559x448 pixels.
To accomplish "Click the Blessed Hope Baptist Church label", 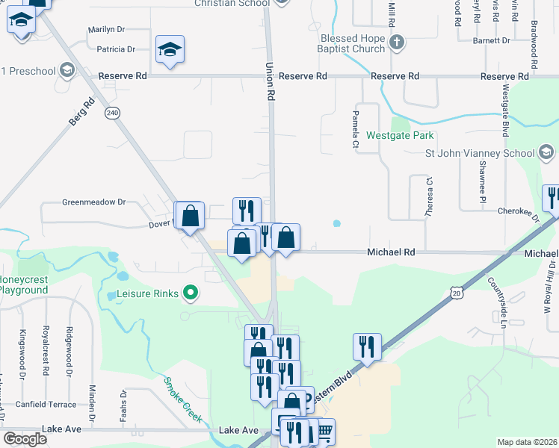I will pos(353,43).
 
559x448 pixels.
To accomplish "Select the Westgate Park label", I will pos(400,136).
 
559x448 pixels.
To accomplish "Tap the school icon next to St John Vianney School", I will pos(546,154).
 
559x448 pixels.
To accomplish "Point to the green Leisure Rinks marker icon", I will pos(191,293).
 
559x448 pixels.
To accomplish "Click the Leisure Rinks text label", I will pos(148,293).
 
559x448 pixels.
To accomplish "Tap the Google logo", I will pos(25,438).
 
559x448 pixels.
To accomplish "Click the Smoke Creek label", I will pos(183,399).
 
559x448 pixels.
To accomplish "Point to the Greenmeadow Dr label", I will pos(94,202).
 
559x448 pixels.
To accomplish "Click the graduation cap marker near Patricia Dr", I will pos(170,50).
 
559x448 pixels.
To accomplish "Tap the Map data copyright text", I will pos(528,442).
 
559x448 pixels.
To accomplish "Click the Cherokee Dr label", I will pos(519,212).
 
